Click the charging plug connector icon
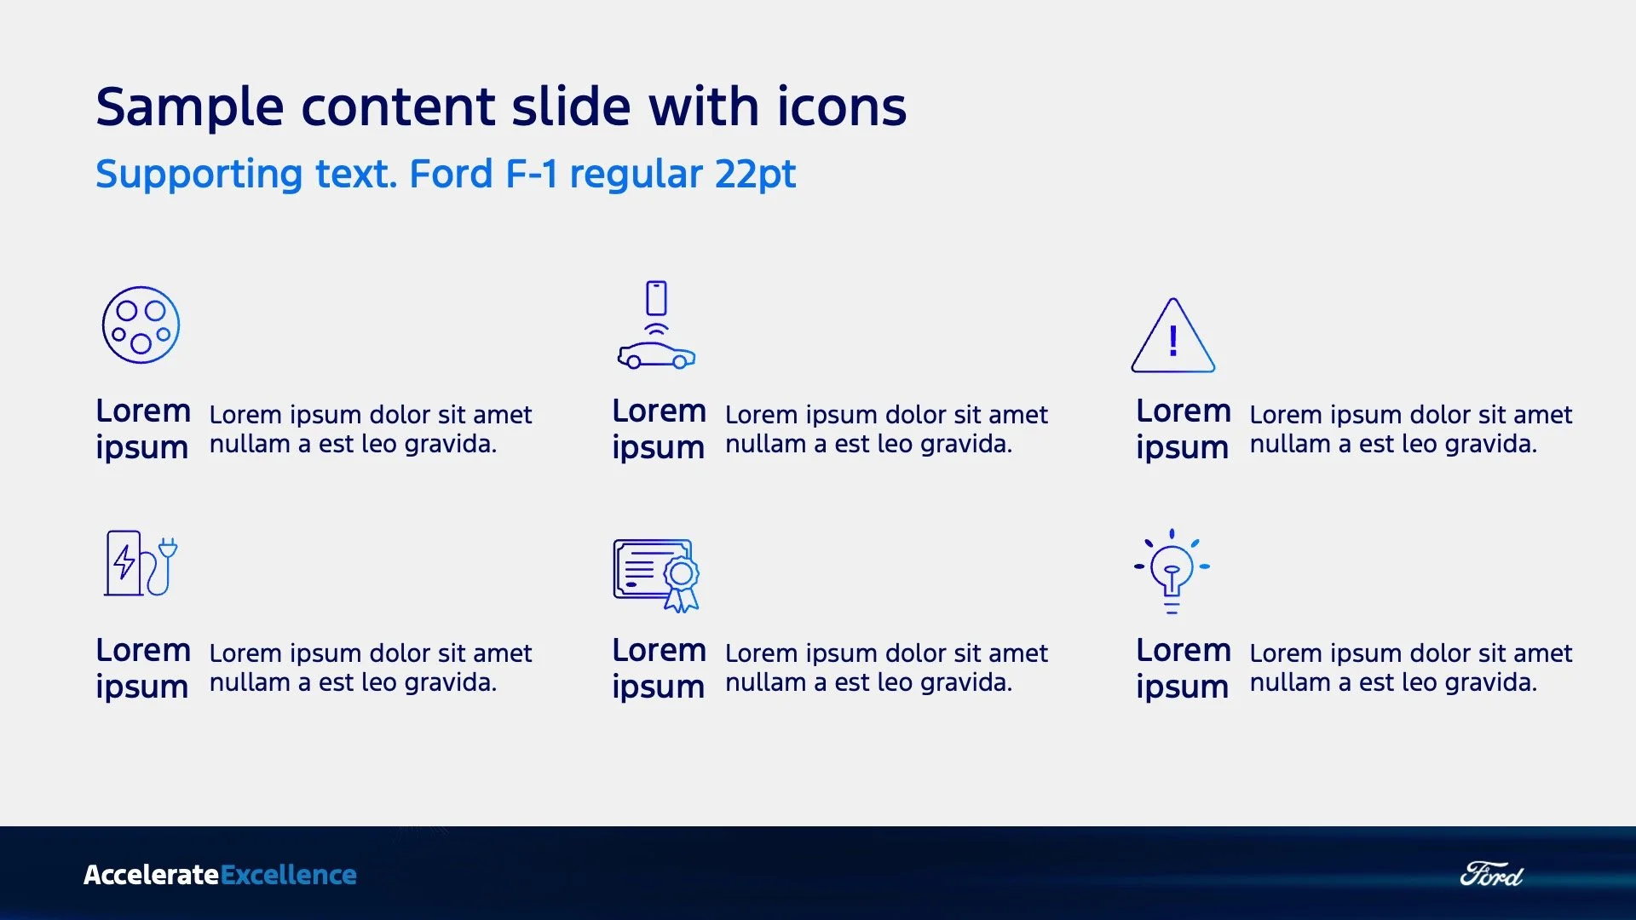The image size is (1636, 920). click(141, 325)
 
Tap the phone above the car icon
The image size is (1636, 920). click(656, 298)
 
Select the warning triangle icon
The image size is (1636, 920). click(1173, 336)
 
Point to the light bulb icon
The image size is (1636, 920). click(1172, 571)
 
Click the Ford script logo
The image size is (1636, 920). click(1491, 875)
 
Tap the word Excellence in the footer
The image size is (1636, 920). click(289, 875)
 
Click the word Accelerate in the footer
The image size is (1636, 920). click(151, 875)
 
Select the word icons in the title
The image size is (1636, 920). click(841, 107)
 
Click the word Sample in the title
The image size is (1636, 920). click(189, 107)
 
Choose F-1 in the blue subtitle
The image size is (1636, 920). click(532, 175)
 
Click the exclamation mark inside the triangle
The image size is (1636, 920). click(1173, 342)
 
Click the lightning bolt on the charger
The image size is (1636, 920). click(124, 561)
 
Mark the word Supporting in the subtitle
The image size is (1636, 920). click(199, 175)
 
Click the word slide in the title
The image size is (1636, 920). click(571, 107)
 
